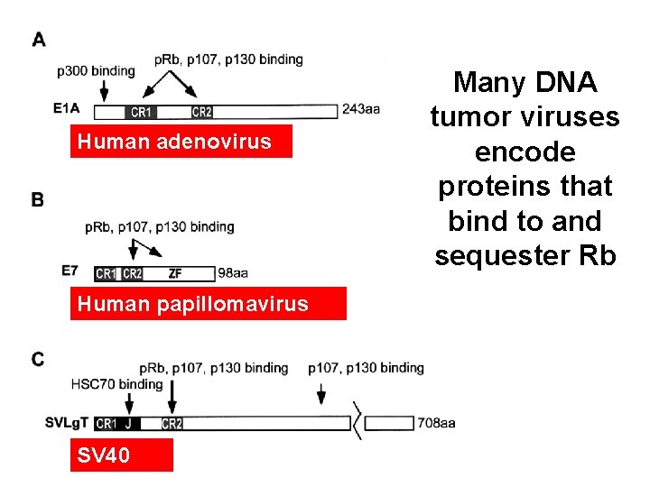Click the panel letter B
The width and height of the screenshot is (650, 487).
38,200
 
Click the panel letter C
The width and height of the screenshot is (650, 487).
38,360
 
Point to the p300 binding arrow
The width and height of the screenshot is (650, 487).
104,90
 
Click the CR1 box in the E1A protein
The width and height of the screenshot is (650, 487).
141,112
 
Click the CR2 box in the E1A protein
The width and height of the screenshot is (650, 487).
202,112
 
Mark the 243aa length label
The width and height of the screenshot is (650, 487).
360,110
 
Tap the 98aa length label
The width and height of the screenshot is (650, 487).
233,272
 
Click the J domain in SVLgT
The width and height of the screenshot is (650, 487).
129,423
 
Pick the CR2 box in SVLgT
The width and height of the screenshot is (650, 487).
172,423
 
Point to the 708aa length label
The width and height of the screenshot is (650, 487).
436,422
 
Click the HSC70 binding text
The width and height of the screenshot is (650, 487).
116,384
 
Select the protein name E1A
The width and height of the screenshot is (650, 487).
67,109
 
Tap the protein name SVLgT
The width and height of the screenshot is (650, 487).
66,422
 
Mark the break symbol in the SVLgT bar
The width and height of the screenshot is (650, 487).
358,422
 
